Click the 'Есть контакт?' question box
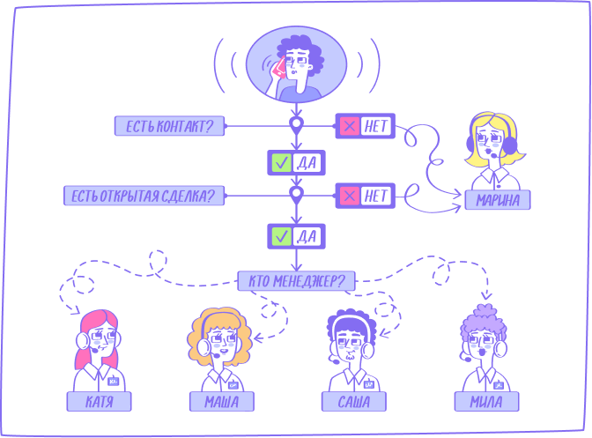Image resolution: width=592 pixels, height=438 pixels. [x=169, y=126]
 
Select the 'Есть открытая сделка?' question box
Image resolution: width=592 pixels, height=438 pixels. [x=144, y=196]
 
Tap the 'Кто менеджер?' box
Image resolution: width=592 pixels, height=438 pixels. [x=296, y=281]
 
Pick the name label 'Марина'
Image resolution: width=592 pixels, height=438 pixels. [x=498, y=200]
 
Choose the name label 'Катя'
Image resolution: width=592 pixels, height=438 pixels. [x=100, y=401]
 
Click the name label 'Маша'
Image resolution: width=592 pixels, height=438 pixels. [x=222, y=401]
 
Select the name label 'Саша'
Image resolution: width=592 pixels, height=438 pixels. [x=354, y=401]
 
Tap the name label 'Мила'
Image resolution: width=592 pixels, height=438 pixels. [x=486, y=401]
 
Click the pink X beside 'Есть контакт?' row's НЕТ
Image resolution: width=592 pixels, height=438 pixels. [x=349, y=126]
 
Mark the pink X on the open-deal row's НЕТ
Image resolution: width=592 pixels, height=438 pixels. [x=349, y=196]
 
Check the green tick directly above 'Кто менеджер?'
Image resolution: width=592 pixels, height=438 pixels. [x=281, y=236]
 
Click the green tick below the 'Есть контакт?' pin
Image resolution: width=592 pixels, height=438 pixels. [x=281, y=163]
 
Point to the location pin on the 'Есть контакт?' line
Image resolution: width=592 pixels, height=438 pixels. [x=296, y=125]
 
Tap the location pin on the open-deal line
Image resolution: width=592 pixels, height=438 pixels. [x=296, y=195]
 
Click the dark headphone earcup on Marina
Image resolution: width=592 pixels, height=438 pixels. [x=510, y=145]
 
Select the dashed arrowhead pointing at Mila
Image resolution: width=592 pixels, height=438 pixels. [x=486, y=295]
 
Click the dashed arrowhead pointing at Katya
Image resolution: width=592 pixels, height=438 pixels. [x=76, y=310]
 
